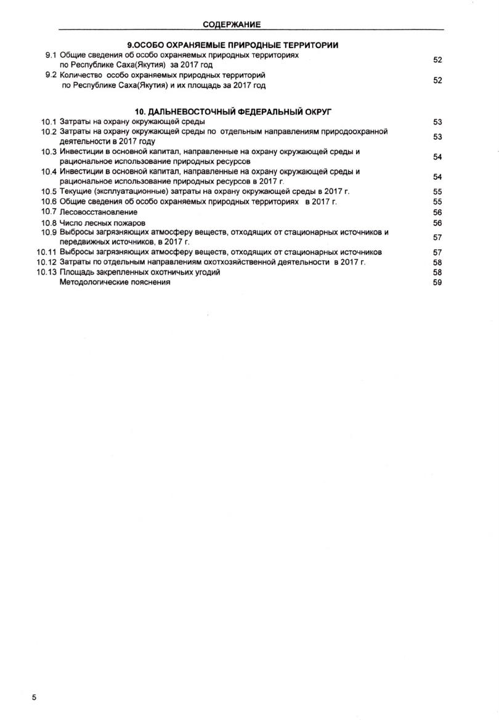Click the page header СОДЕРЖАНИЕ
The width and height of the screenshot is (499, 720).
click(232, 25)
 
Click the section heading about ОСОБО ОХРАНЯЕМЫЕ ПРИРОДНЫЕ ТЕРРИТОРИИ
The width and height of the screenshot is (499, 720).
click(233, 46)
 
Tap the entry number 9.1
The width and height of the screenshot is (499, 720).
click(51, 55)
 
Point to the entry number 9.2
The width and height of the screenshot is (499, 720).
click(51, 75)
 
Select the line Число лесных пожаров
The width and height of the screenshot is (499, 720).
click(102, 223)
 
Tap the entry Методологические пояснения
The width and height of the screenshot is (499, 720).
click(115, 282)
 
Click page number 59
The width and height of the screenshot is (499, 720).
click(437, 283)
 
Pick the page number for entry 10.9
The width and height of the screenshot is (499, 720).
click(437, 237)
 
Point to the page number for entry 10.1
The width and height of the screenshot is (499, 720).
click(437, 122)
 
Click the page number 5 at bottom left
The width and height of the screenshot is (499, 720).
click(34, 697)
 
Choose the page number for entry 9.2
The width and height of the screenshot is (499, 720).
click(437, 80)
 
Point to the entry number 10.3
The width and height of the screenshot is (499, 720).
click(49, 152)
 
